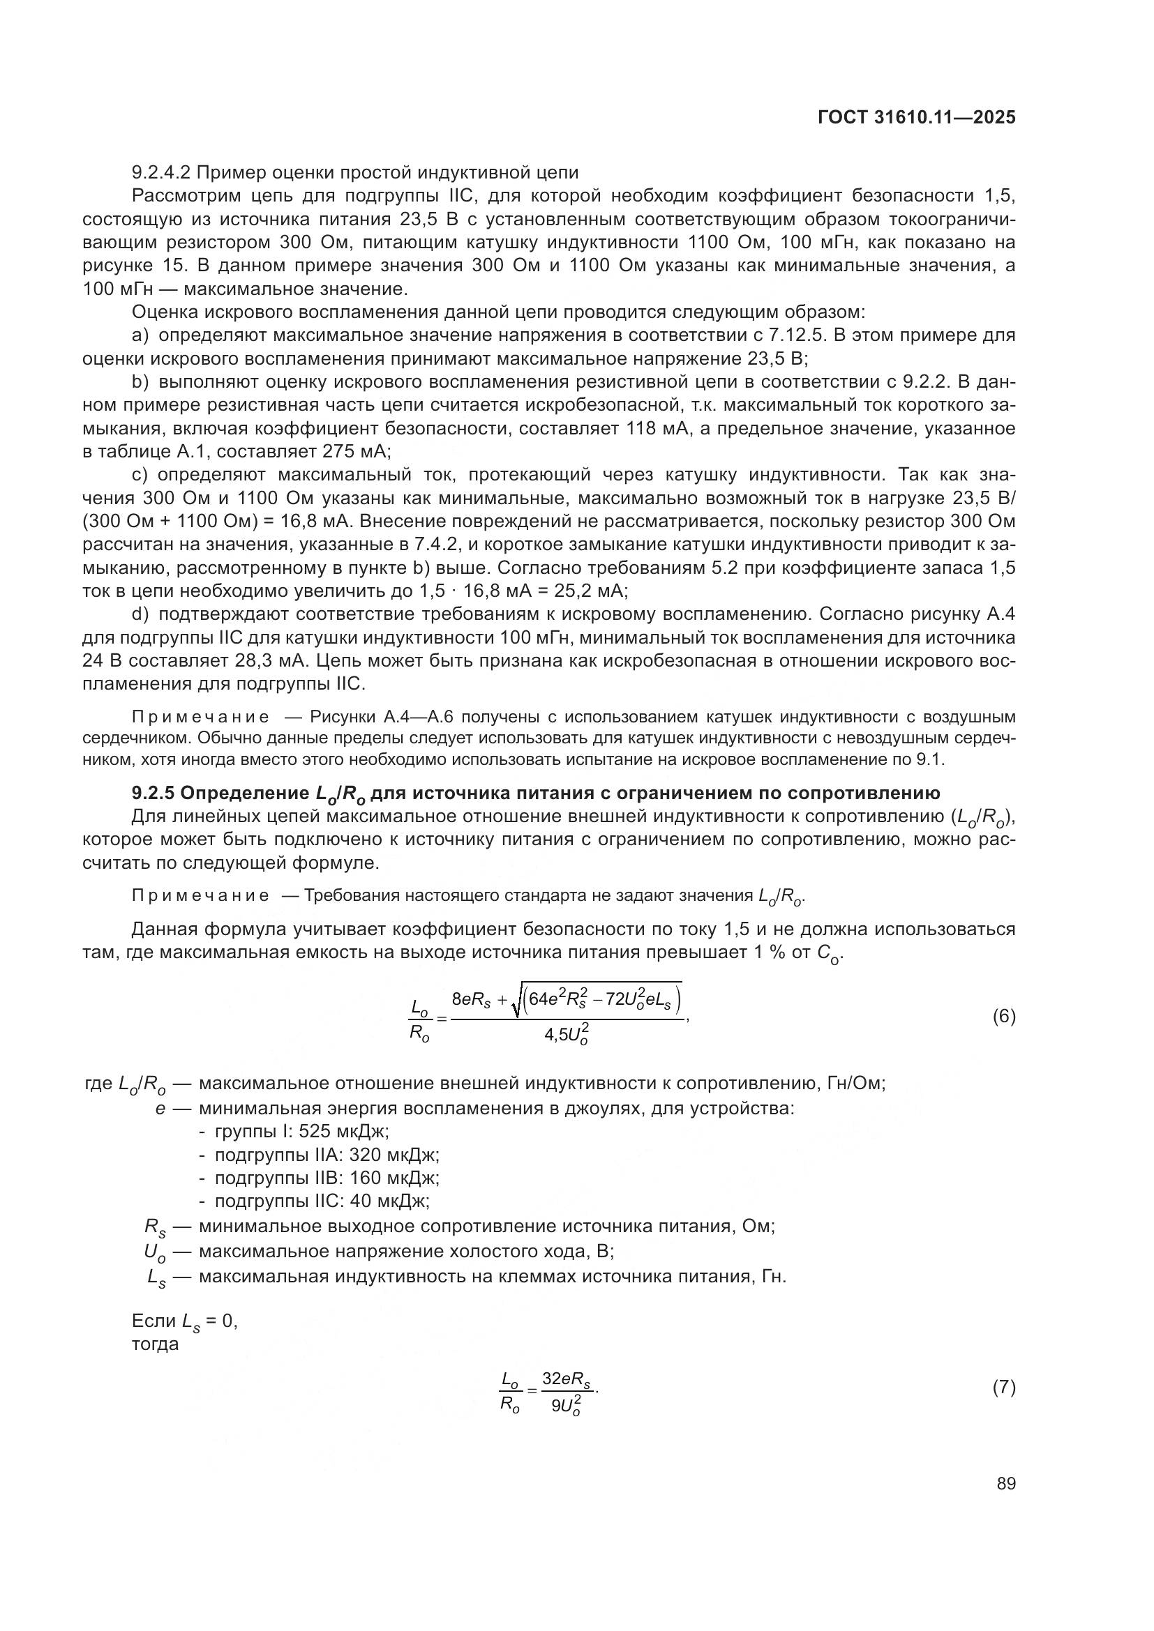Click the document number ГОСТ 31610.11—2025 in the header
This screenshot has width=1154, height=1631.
(x=917, y=118)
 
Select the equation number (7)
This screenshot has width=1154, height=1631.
(x=1003, y=1388)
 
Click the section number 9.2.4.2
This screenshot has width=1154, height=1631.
(x=163, y=173)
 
